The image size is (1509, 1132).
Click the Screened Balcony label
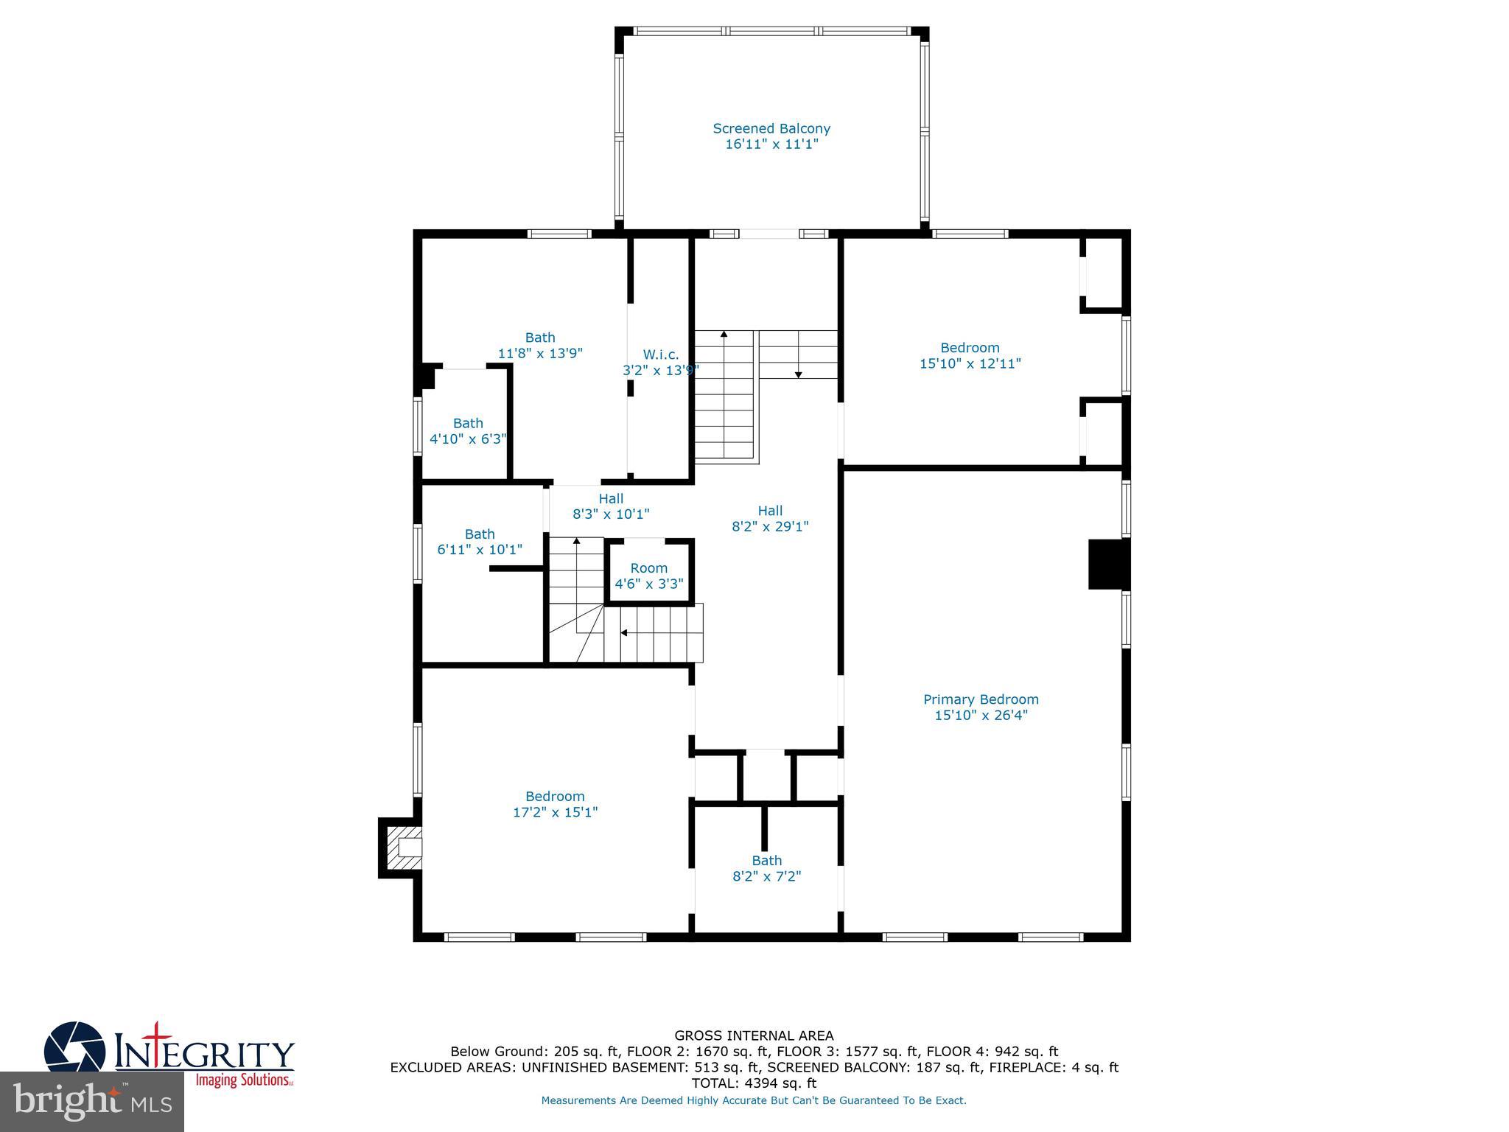coord(771,136)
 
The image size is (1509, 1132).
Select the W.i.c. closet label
coord(660,362)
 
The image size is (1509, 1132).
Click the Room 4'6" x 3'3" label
coord(649,576)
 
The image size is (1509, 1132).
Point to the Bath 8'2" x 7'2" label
coord(766,868)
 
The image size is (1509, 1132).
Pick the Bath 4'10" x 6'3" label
coord(468,431)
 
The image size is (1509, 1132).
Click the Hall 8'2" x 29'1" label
coord(770,518)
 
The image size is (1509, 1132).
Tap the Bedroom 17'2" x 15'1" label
coord(555,804)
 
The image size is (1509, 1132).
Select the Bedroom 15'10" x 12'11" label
coord(970,355)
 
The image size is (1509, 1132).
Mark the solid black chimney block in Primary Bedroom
coord(1107,565)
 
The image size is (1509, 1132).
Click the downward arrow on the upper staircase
coord(798,374)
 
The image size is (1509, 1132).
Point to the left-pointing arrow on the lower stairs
coord(624,633)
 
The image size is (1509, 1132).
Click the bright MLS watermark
coord(92,1101)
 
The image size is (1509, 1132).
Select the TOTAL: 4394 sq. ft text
coord(754,1083)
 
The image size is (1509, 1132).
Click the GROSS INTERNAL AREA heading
coord(754,1035)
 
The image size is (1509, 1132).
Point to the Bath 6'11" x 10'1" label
coord(480,542)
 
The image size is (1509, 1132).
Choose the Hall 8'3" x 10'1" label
coord(611,506)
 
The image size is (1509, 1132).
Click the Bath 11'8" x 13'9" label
coord(540,345)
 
